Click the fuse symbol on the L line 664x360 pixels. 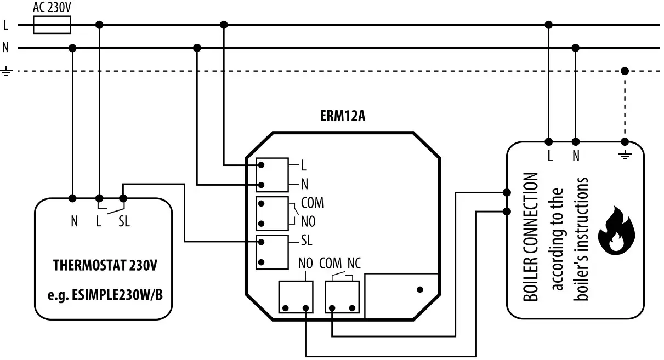click(52, 25)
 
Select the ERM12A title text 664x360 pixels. click(342, 116)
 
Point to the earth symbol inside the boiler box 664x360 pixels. click(625, 155)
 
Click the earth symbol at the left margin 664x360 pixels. click(6, 71)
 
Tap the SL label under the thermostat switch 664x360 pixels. click(124, 222)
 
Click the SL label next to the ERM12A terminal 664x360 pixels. click(307, 241)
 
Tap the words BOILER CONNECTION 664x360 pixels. click(530, 238)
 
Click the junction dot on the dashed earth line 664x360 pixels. click(625, 71)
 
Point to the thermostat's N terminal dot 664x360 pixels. click(73, 198)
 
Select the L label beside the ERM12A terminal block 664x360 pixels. click(304, 164)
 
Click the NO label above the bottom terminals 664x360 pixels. click(305, 262)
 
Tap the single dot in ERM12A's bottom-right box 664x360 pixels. click(420, 289)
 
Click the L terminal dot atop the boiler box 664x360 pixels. click(549, 141)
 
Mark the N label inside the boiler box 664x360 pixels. click(576, 156)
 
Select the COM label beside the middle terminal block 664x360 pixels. click(312, 203)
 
